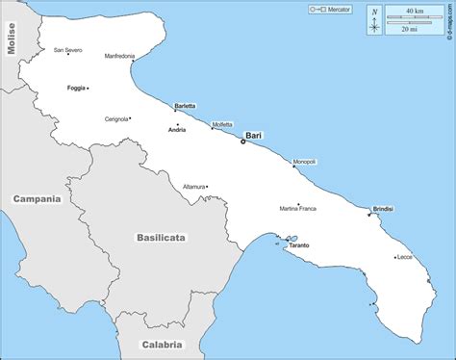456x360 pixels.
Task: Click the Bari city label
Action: tap(254, 136)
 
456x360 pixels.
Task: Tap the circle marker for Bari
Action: tap(242, 142)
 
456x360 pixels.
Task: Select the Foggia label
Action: tap(76, 89)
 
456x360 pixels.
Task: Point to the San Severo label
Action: tap(67, 50)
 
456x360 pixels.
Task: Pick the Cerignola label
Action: tap(116, 119)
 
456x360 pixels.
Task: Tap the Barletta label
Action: tap(185, 106)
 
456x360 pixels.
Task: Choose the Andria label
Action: tap(176, 129)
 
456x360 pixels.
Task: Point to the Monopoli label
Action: tap(304, 161)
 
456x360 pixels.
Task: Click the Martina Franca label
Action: tap(297, 208)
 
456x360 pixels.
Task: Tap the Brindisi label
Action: tap(383, 208)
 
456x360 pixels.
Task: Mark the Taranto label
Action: tap(298, 245)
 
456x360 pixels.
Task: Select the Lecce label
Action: tap(404, 257)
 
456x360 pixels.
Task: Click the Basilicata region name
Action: tap(161, 237)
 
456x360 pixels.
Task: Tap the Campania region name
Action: tap(37, 199)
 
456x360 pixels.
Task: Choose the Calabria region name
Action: tap(161, 344)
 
